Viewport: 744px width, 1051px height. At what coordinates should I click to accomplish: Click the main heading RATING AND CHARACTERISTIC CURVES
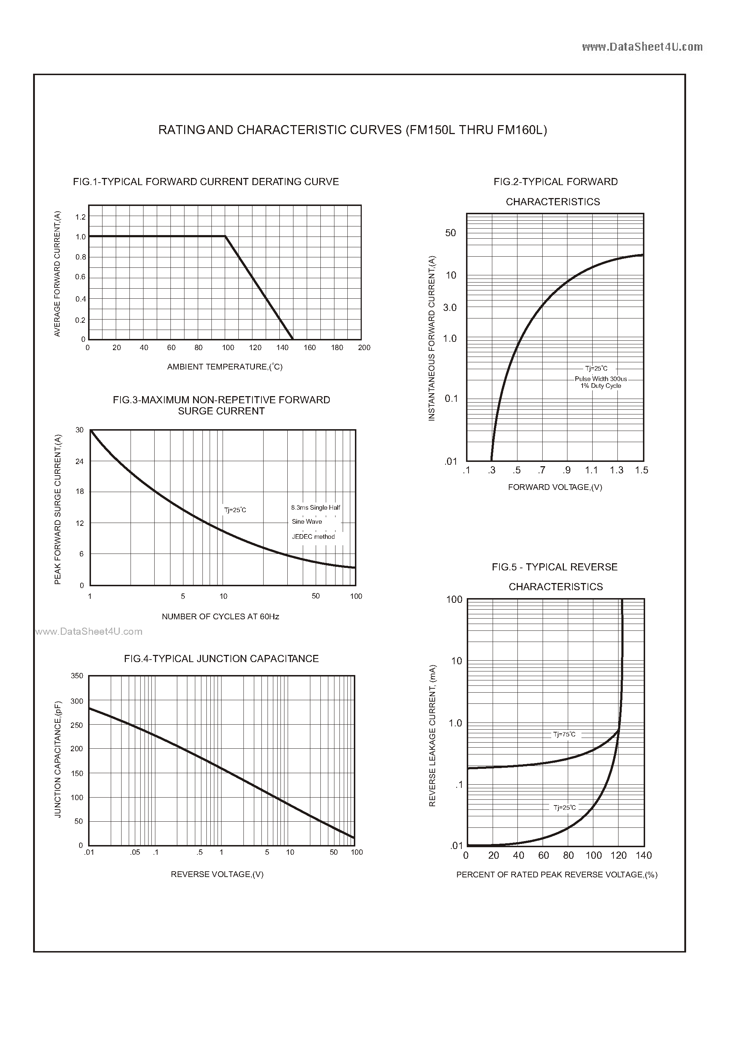tap(352, 130)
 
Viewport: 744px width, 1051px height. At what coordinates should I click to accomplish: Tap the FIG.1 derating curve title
tap(206, 182)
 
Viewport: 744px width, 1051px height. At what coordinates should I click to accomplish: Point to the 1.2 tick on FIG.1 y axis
tap(81, 217)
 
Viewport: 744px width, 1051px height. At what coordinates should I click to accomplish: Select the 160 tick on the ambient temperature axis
tap(310, 348)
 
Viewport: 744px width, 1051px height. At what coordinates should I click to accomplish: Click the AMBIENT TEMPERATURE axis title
tap(224, 367)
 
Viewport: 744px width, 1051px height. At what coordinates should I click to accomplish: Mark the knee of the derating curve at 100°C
tap(225, 236)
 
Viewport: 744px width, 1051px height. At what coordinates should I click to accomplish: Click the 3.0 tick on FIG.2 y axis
tap(450, 308)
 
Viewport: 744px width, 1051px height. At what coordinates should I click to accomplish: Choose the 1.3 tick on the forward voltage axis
tap(616, 470)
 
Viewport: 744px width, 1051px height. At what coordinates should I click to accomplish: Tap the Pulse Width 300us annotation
tap(601, 379)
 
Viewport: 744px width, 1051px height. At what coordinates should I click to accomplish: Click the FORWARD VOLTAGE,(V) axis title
tap(555, 487)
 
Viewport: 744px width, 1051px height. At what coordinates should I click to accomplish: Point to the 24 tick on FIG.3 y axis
tap(80, 462)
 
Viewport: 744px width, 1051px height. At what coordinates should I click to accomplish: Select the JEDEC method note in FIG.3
tap(313, 537)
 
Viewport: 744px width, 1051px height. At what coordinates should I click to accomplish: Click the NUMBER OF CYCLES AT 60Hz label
tap(220, 617)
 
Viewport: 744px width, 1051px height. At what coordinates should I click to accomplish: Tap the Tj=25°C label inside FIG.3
tap(235, 510)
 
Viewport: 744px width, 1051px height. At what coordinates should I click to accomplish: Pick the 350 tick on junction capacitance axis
tap(77, 676)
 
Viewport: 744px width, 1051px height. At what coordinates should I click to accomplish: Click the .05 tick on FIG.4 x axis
tap(135, 852)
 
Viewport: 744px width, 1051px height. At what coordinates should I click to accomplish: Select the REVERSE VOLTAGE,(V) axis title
tap(217, 874)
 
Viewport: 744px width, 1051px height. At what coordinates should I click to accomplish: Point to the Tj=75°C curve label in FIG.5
tap(564, 735)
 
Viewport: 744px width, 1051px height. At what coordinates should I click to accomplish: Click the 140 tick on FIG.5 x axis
tap(643, 855)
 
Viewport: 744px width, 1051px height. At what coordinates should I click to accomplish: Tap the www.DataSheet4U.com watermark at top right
tap(642, 47)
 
